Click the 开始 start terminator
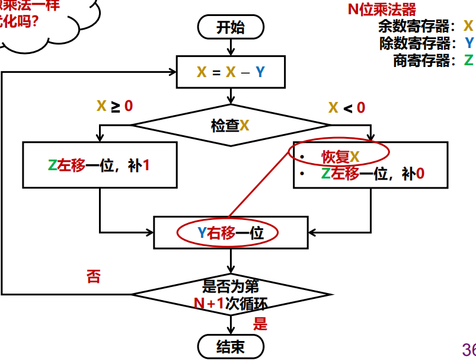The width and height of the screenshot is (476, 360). pos(230,28)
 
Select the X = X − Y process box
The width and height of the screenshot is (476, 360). pos(231,72)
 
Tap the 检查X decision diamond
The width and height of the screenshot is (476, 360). pos(231,125)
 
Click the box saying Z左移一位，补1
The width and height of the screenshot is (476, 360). pos(99,165)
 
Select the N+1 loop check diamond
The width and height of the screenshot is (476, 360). pos(231,294)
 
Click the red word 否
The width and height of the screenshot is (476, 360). pos(94,276)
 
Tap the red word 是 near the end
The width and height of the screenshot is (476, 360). pos(260,324)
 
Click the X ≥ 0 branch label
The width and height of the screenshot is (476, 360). pos(115,107)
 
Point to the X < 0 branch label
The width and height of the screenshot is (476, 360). pos(346,108)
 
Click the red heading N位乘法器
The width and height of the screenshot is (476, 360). pos(382,9)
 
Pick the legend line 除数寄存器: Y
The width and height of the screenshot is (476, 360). pos(426,43)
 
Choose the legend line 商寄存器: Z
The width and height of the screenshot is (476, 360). pos(433,60)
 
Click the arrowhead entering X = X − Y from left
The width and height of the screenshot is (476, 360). pos(173,72)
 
